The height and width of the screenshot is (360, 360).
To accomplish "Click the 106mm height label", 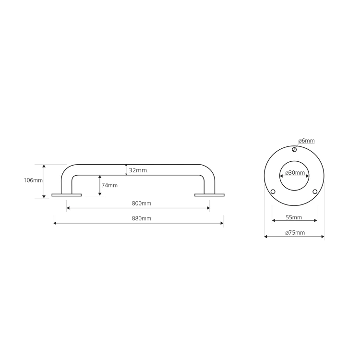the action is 33,180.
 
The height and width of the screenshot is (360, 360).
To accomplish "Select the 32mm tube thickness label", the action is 138,170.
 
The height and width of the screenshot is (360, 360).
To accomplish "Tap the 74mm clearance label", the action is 109,185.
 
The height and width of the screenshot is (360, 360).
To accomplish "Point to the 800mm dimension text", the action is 142,203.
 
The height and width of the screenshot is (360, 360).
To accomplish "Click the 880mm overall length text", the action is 142,218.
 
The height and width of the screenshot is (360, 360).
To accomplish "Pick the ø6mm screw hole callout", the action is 307,141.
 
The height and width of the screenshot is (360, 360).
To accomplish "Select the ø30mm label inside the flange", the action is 295,172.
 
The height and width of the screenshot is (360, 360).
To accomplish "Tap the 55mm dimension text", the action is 294,217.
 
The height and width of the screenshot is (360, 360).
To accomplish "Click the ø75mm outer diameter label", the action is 295,233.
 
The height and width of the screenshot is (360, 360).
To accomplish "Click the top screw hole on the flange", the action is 294,150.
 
